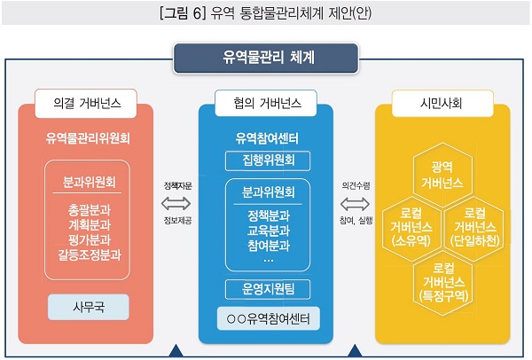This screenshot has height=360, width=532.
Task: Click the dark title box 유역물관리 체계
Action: tap(266, 59)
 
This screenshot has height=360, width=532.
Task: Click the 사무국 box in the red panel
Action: tap(89, 308)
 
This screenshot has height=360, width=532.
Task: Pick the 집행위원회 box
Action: tap(266, 160)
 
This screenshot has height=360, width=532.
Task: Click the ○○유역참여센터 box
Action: tap(266, 317)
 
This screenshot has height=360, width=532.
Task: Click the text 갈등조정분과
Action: tap(89, 254)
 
